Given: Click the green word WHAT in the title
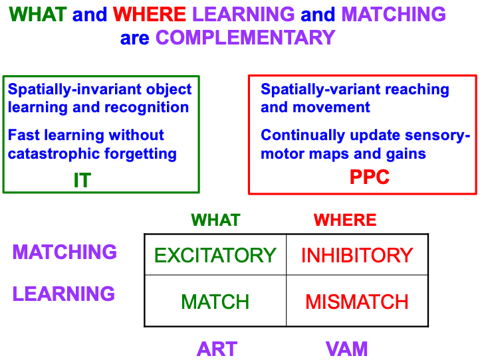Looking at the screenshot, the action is click(x=38, y=14).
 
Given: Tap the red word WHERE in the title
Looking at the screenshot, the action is click(x=150, y=14).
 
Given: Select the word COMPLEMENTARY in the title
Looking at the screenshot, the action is click(x=245, y=38).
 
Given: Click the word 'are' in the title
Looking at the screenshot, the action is click(x=134, y=39).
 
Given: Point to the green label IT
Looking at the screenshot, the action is click(x=82, y=180).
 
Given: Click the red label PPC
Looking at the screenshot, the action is click(x=370, y=177).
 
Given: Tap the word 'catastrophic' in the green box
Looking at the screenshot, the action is click(x=54, y=153).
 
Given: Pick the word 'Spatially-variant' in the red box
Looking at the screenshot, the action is click(x=320, y=90).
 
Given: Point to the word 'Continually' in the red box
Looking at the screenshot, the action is click(x=302, y=135).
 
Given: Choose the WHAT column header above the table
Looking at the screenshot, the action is click(x=216, y=220).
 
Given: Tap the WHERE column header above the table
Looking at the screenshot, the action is click(x=345, y=220).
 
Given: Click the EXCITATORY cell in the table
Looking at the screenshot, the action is click(x=215, y=255).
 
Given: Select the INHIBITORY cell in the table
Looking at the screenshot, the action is click(x=357, y=255).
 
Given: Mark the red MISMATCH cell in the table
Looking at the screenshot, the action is click(x=357, y=302).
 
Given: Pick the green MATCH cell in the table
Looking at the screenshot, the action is click(x=215, y=302).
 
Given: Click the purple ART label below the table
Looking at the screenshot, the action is click(x=217, y=349).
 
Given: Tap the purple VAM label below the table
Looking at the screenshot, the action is click(x=346, y=349).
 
